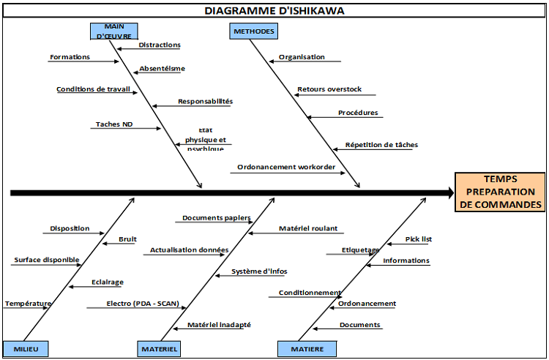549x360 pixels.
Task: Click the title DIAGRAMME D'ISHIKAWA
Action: (274, 10)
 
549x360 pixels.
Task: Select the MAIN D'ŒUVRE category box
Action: (113, 31)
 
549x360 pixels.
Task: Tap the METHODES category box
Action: (253, 31)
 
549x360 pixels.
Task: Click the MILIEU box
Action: (26, 349)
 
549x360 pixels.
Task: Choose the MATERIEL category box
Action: (159, 349)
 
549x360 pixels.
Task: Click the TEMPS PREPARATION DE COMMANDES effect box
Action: (500, 192)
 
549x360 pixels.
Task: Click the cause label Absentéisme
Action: (162, 69)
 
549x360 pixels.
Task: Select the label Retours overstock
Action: (329, 90)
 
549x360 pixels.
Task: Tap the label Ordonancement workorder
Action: (286, 168)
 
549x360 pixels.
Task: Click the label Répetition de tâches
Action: (381, 145)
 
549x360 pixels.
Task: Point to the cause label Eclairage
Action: (108, 282)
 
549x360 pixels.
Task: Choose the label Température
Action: (28, 304)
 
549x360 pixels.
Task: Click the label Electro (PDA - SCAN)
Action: (142, 304)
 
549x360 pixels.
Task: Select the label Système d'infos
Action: (259, 271)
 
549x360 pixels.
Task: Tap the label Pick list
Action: (419, 239)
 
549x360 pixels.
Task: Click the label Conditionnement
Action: (310, 293)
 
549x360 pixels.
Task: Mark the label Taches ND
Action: (113, 124)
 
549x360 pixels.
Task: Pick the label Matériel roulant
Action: (308, 228)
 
